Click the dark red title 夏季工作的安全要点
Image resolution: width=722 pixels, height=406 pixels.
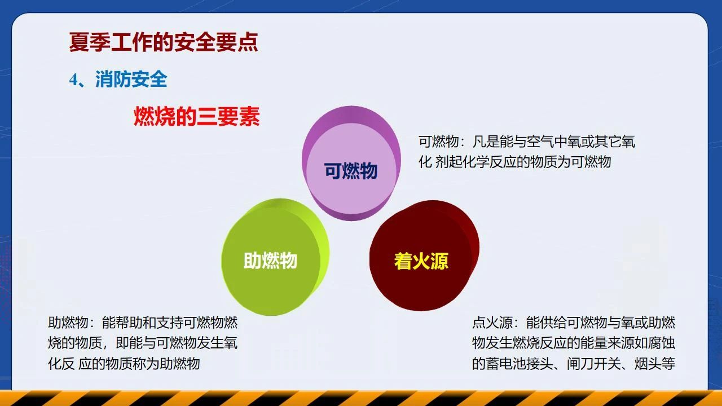[164, 42]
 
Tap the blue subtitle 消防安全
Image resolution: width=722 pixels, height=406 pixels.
[131, 79]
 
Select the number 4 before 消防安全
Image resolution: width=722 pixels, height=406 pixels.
[74, 80]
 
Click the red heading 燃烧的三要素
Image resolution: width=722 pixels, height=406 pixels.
[197, 116]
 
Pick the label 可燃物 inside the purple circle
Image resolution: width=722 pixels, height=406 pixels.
[351, 170]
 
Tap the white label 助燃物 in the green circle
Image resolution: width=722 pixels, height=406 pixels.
[270, 261]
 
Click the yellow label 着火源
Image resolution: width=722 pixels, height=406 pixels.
[421, 261]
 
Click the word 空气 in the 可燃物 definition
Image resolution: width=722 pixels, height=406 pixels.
[540, 142]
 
